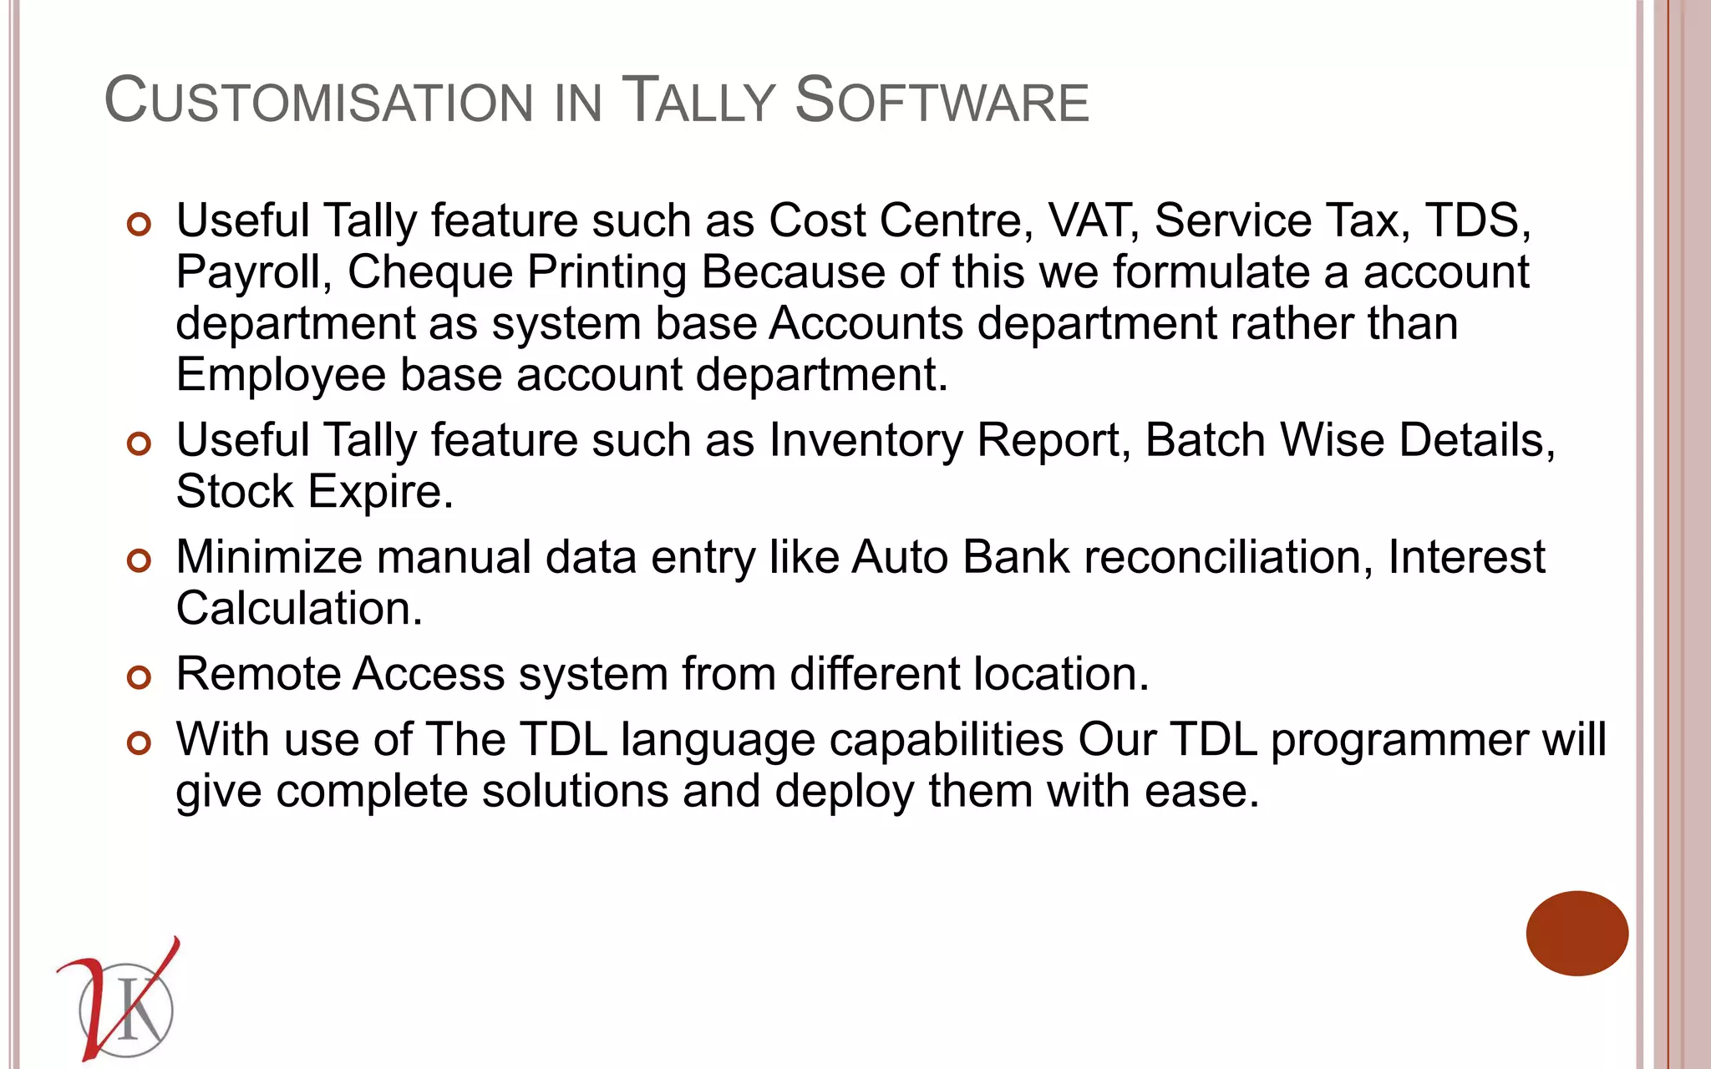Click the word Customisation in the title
pos(318,101)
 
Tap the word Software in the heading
pos(942,101)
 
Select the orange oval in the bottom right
pos(1576,933)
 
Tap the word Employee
pos(281,375)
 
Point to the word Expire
pos(380,492)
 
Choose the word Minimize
pos(270,557)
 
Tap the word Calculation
pos(299,609)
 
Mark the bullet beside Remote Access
pos(139,676)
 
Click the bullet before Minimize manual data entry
pos(139,560)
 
